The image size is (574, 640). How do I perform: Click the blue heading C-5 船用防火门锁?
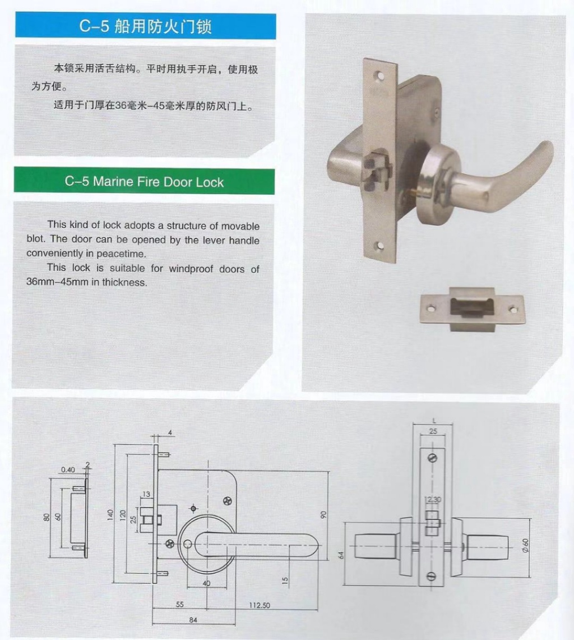(x=145, y=27)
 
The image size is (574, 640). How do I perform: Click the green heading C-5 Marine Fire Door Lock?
(x=144, y=182)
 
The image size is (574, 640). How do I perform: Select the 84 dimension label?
(x=193, y=620)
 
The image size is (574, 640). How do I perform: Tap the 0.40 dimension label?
(x=68, y=469)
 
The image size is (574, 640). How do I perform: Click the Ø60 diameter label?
(x=525, y=545)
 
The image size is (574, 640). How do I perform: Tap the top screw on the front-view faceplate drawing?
(x=432, y=458)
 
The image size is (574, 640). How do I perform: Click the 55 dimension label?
(x=179, y=605)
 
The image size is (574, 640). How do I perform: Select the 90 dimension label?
(x=323, y=514)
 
